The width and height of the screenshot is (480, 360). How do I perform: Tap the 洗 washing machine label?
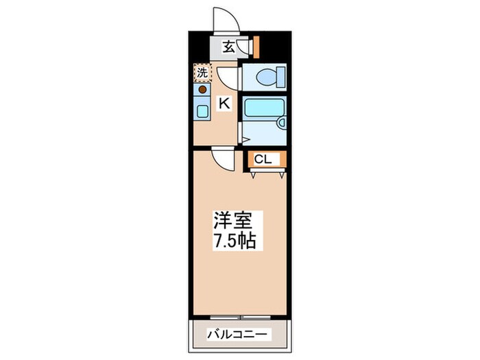tap(202, 72)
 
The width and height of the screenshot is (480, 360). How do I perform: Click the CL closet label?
tap(263, 159)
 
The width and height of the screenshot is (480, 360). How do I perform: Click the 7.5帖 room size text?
tap(236, 241)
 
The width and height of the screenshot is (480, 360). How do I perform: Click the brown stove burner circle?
tap(202, 88)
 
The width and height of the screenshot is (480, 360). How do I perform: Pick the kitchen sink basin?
tap(202, 110)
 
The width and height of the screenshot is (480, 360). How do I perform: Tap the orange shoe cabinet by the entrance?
tap(257, 47)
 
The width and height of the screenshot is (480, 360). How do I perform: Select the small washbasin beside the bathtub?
tap(280, 123)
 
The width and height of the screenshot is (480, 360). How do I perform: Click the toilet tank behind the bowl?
tap(280, 78)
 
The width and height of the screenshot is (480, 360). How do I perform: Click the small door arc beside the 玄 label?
tap(242, 47)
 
